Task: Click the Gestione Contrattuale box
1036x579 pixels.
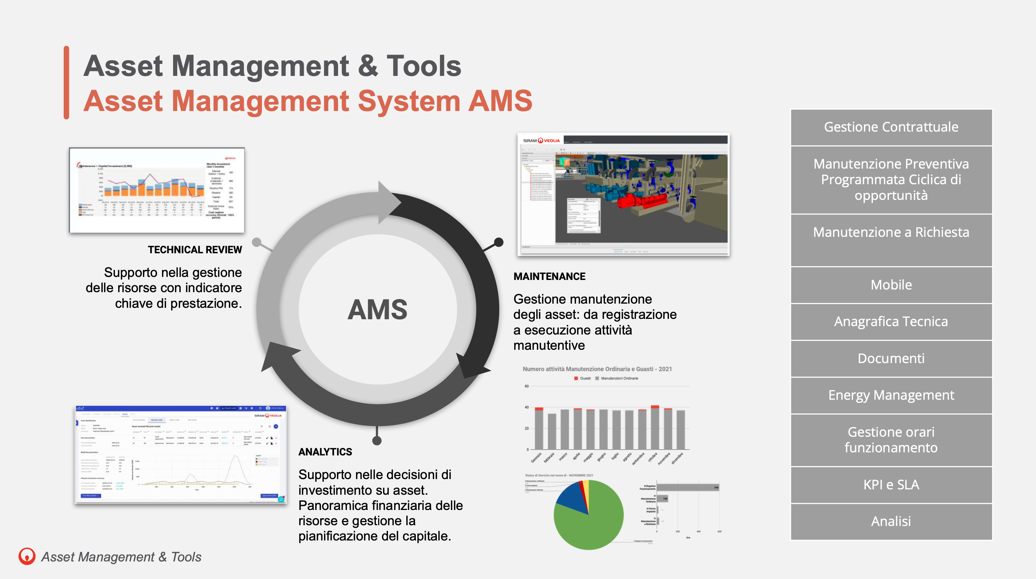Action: click(891, 127)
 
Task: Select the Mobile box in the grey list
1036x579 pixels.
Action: click(891, 285)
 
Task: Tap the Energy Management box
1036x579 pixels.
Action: click(891, 395)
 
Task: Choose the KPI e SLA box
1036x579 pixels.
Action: click(891, 484)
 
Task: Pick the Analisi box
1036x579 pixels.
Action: click(891, 521)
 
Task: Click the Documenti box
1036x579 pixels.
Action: click(891, 359)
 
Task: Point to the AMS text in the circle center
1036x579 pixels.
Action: click(377, 310)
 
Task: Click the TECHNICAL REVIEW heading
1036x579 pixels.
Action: click(195, 250)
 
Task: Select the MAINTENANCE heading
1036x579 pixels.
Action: click(549, 277)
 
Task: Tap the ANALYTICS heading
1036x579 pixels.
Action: click(325, 452)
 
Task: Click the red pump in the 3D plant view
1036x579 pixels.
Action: click(640, 200)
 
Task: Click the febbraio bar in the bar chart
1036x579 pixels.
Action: click(552, 431)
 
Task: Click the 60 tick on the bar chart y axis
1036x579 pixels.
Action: click(526, 386)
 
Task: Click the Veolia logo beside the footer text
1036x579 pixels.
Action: click(27, 556)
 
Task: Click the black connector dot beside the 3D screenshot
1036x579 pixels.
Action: click(499, 242)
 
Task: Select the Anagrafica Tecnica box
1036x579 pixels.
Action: click(891, 322)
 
